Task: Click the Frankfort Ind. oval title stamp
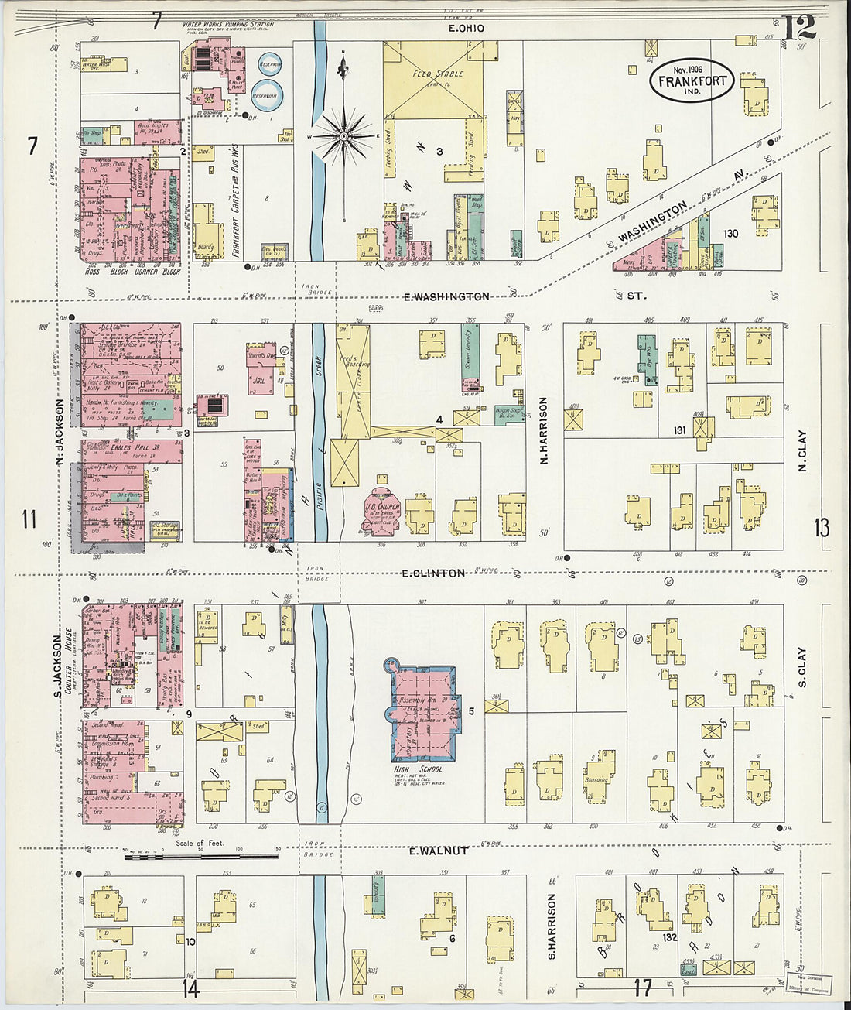tap(692, 80)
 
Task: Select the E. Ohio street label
tap(467, 28)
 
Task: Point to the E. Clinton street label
tap(433, 573)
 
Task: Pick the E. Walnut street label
tap(438, 851)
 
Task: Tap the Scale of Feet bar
tap(201, 856)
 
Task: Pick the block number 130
tap(730, 234)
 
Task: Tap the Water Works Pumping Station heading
tap(228, 25)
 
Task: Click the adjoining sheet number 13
tap(821, 528)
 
